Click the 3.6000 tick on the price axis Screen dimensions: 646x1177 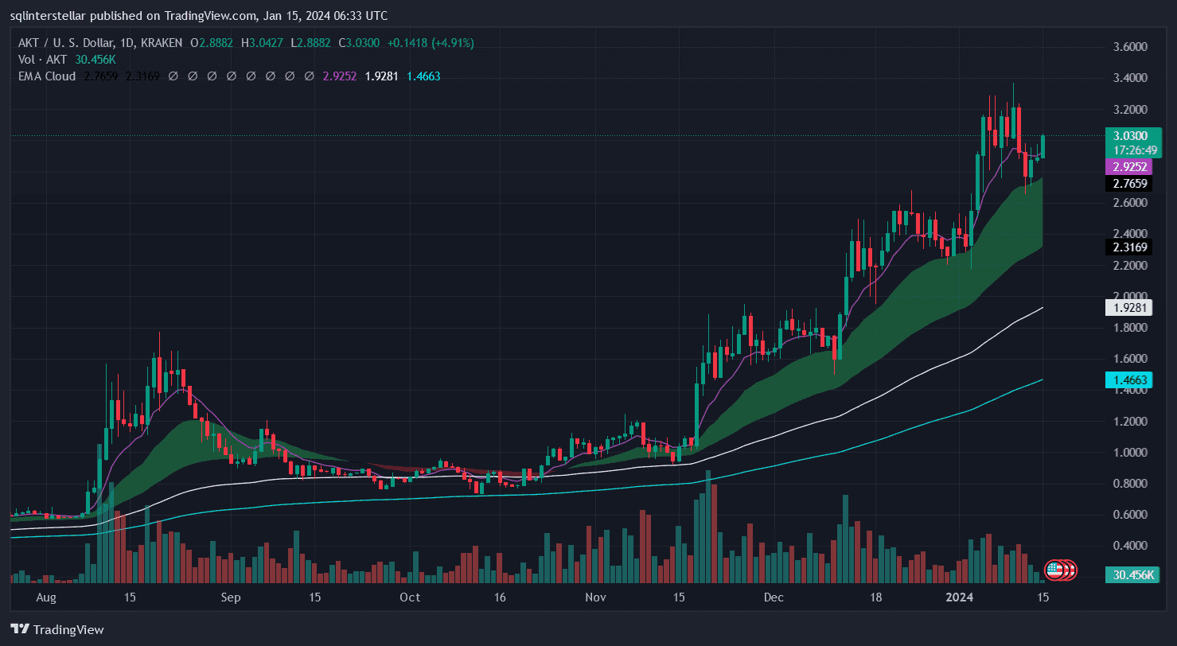(x=1131, y=47)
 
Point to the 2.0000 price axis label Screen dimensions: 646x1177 (x=1131, y=296)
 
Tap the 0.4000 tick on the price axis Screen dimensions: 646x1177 (x=1131, y=546)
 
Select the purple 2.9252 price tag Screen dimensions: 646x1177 (x=1128, y=166)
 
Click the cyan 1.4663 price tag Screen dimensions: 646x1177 (x=1128, y=381)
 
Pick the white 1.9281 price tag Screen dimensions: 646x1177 (x=1128, y=308)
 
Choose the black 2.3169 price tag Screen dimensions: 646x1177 (x=1128, y=247)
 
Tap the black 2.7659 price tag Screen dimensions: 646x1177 (x=1128, y=184)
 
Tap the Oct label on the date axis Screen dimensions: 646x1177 (x=409, y=597)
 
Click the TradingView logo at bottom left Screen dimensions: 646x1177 (x=57, y=630)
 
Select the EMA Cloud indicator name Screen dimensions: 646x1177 (x=47, y=76)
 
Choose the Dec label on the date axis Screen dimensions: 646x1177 (x=774, y=597)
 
